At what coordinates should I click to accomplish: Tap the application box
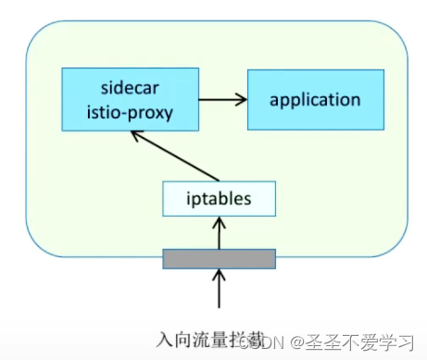point(314,99)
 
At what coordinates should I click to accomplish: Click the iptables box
point(220,196)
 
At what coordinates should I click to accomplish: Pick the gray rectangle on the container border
point(220,258)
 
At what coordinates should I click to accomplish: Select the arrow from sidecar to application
point(221,98)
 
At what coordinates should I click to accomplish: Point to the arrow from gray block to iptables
point(220,231)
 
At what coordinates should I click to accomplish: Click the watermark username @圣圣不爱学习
point(352,342)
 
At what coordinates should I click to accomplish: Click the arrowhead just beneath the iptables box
point(220,219)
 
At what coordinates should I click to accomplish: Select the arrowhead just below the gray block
point(220,274)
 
